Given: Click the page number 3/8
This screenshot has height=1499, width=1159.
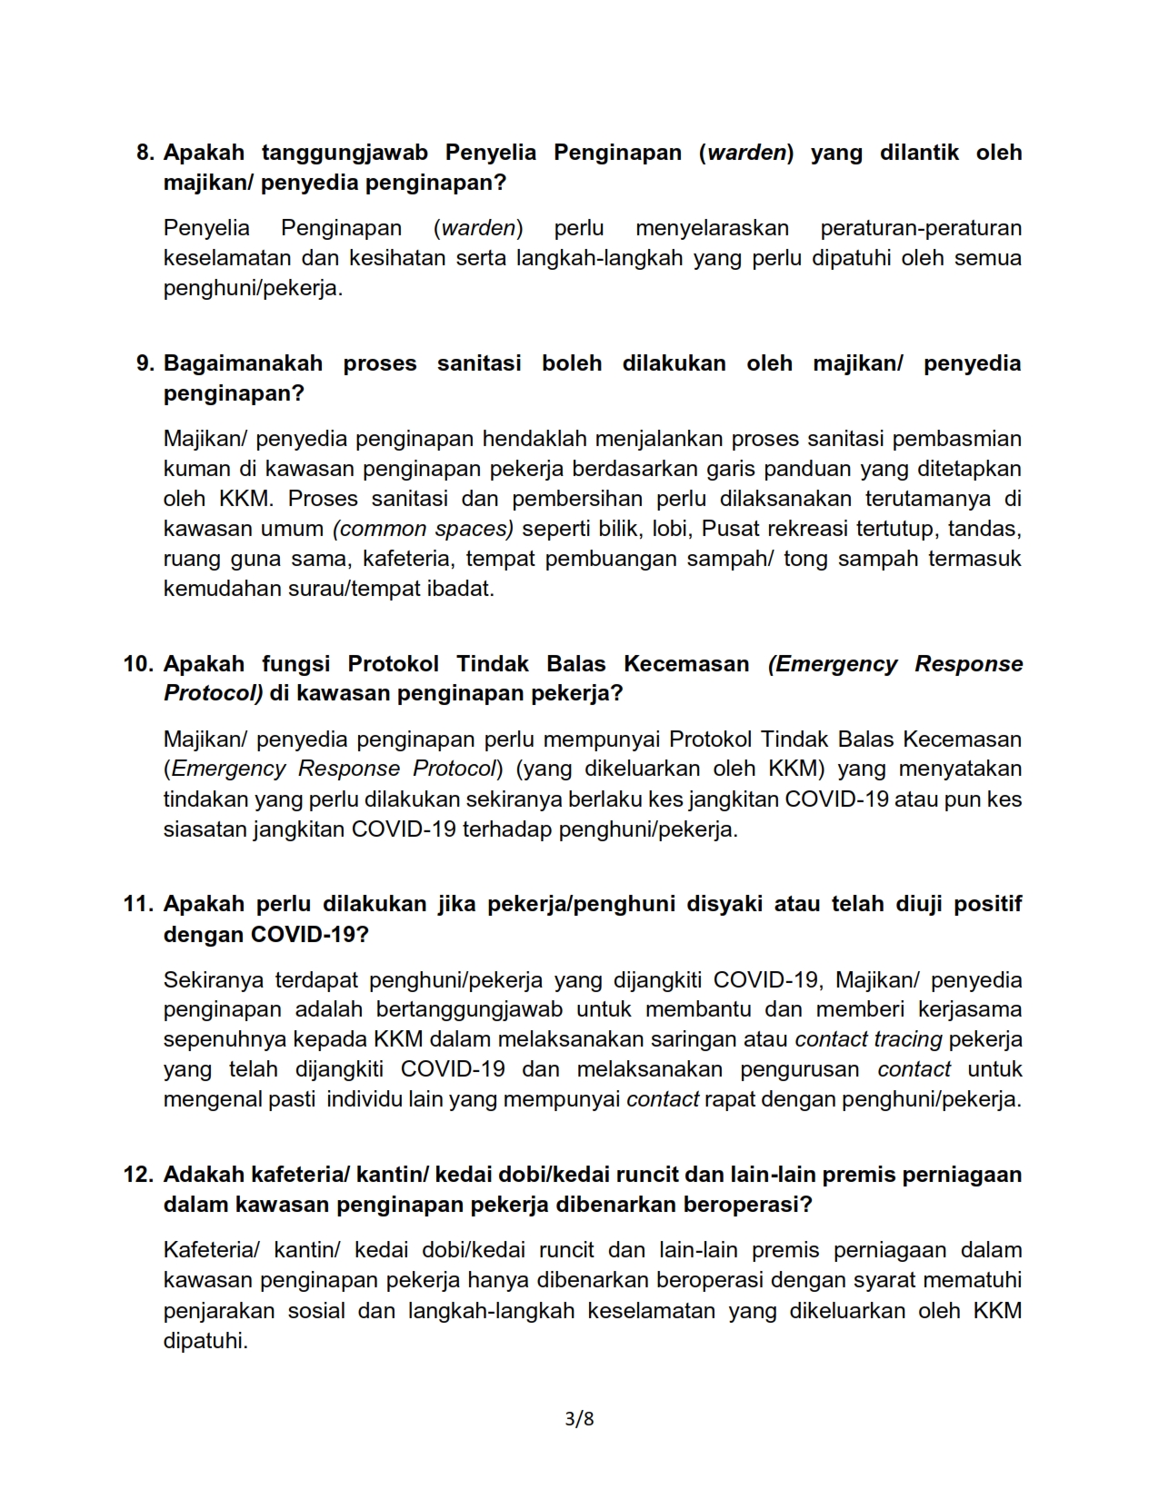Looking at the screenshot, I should pyautogui.click(x=579, y=1418).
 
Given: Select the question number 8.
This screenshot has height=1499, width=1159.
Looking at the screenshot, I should pyautogui.click(x=145, y=153).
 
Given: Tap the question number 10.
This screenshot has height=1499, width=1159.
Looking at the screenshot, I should pyautogui.click(x=138, y=664).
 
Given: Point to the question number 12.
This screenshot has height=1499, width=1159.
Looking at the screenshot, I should pyautogui.click(x=138, y=1175).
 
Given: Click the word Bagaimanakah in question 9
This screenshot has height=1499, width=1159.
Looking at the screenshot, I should pyautogui.click(x=243, y=363).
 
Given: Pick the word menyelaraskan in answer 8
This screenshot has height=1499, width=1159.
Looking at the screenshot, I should pyautogui.click(x=712, y=228).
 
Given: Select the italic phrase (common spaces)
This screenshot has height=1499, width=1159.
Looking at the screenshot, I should pyautogui.click(x=424, y=529).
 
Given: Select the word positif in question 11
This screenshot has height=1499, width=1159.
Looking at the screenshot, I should pyautogui.click(x=987, y=904).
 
